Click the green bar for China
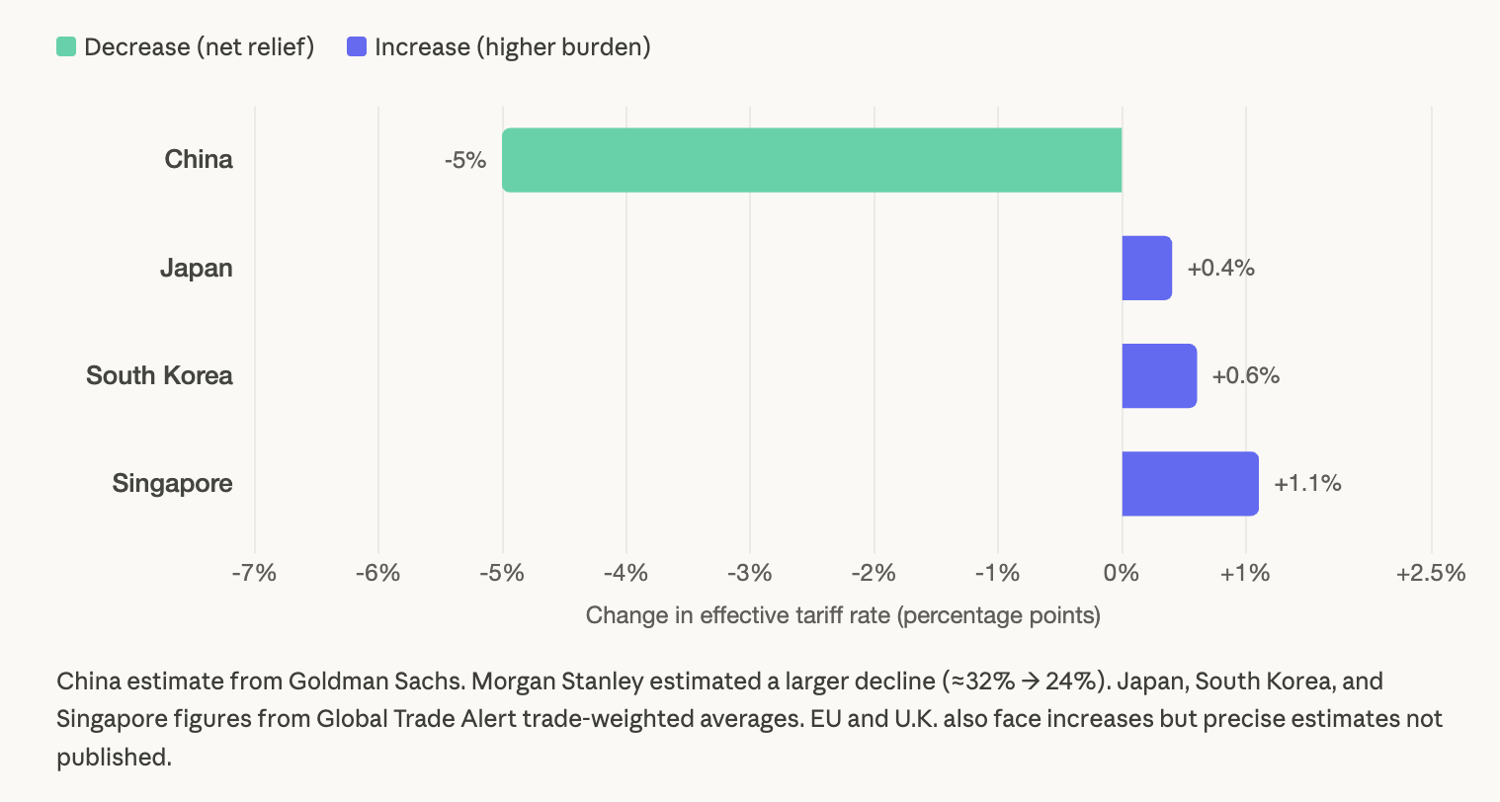click(x=811, y=160)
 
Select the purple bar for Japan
click(x=1146, y=268)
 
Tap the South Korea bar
click(x=1159, y=375)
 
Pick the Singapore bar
click(x=1190, y=484)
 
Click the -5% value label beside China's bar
click(x=465, y=160)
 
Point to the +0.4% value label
click(x=1221, y=268)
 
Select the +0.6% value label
click(x=1246, y=375)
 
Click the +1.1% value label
click(x=1308, y=484)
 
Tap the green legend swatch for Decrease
click(x=66, y=46)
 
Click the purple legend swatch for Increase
click(x=357, y=46)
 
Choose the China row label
click(x=199, y=159)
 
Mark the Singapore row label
click(x=172, y=483)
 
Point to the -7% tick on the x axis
click(x=254, y=573)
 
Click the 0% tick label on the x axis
click(x=1122, y=573)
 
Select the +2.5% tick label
click(x=1431, y=573)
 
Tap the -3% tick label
click(x=750, y=573)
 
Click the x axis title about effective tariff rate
click(x=843, y=615)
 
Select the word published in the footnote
click(x=114, y=757)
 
